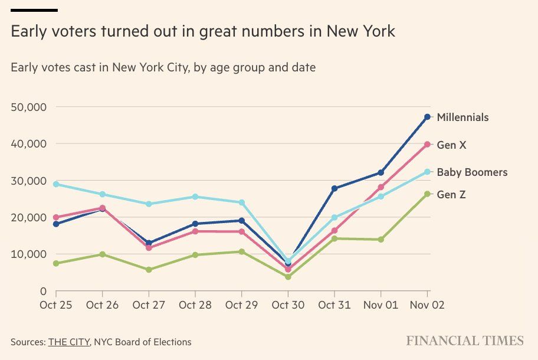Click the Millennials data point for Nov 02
pos(427,117)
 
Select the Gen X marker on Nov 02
pos(427,145)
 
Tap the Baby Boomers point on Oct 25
pos(56,184)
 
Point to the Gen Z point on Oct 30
pos(288,277)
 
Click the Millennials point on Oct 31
pos(334,189)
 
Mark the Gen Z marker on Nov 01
pos(380,240)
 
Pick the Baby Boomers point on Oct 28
pos(195,197)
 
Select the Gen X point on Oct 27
pos(149,248)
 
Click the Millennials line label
pos(462,117)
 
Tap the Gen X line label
pos(451,145)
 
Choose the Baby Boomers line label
pos(472,172)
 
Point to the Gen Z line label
pos(451,194)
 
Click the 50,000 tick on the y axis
pos(28,107)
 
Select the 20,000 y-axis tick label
pos(28,217)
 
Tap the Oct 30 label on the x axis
pos(288,305)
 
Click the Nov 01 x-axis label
pos(380,305)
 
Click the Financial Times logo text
pos(464,341)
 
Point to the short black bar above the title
pos(34,10)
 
